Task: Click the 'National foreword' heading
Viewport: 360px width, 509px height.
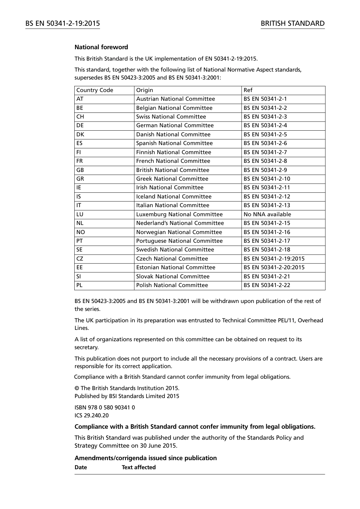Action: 101,47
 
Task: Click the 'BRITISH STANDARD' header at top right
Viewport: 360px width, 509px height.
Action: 293,23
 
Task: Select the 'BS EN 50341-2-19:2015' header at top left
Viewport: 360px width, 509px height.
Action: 63,23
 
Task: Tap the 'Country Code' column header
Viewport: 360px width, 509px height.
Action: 95,90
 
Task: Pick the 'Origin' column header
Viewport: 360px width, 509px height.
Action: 145,90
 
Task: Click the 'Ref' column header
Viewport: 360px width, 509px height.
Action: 248,90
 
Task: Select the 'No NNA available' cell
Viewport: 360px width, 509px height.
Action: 267,214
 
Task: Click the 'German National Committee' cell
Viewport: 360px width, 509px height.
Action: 175,125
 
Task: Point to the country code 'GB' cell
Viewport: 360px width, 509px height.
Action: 80,170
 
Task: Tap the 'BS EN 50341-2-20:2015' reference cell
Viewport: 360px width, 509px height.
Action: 274,267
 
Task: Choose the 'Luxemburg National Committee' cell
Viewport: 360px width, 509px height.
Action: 179,214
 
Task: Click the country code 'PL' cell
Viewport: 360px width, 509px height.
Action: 79,285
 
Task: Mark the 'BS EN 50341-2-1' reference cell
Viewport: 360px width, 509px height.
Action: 265,99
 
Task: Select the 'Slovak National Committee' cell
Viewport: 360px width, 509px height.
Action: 173,276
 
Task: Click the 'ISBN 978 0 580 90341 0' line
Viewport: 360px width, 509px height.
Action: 105,408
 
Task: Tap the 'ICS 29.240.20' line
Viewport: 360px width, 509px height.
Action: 91,415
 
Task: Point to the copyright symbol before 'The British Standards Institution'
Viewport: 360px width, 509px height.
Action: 77,388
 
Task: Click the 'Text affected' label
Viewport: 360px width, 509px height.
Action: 139,467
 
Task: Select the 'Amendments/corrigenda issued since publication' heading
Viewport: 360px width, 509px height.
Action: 146,458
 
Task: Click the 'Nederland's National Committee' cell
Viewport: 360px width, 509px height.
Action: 180,223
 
